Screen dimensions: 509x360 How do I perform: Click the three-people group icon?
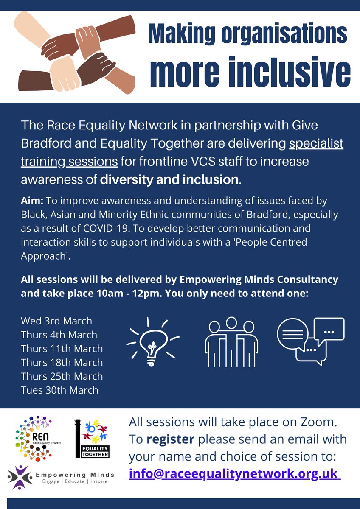tap(231, 342)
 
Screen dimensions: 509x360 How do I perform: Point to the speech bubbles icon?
tap(310, 341)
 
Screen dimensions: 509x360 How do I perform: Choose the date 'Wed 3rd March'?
tap(56, 321)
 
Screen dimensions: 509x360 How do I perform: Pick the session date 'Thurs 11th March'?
tap(62, 349)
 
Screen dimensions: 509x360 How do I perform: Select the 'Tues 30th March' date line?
tap(59, 390)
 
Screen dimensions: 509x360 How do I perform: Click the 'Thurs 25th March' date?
tap(62, 376)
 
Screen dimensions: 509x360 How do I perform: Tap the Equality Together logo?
tap(93, 439)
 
